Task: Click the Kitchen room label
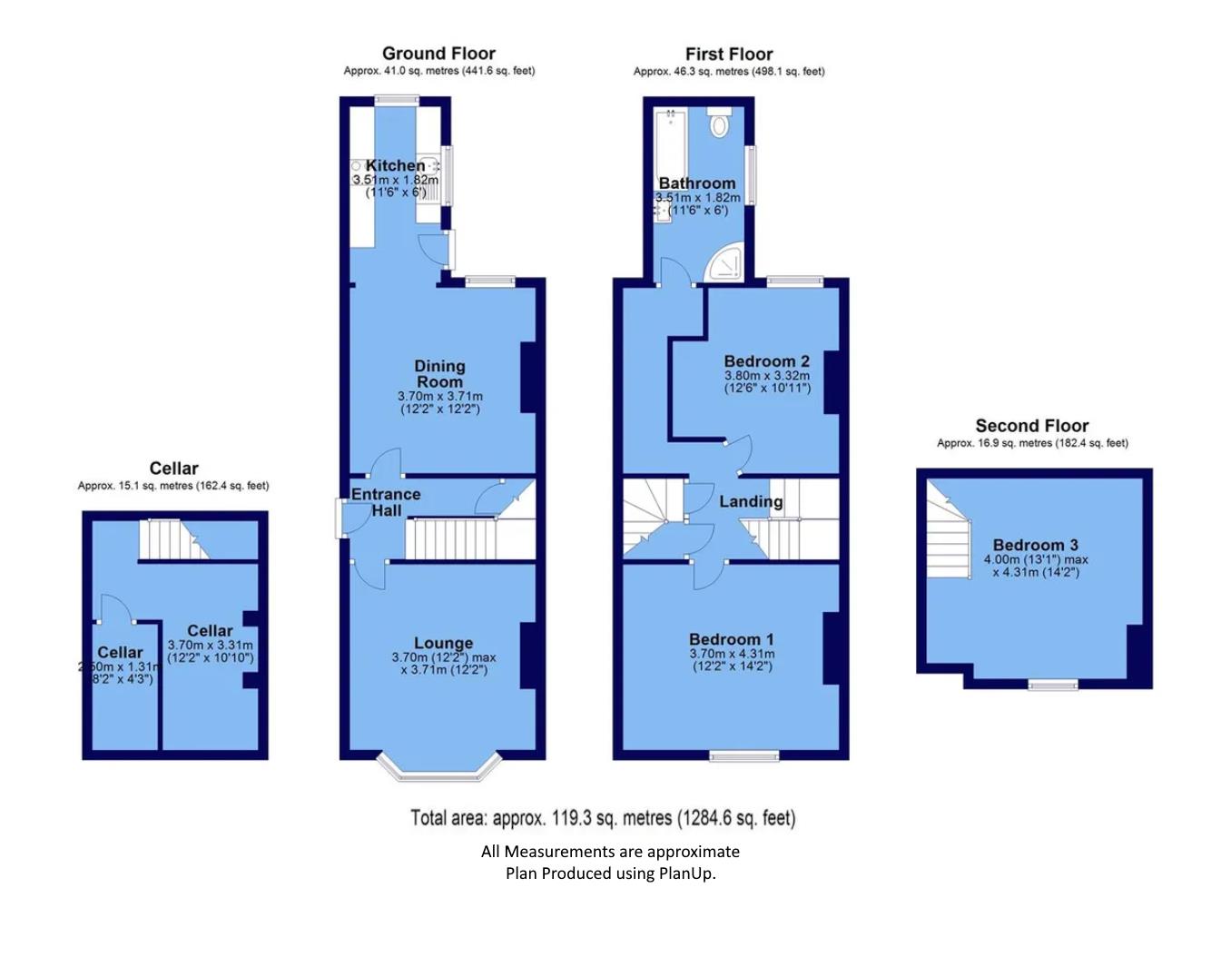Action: (395, 165)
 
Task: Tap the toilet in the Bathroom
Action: (719, 123)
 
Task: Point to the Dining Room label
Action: (440, 373)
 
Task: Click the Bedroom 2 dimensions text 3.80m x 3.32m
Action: (767, 375)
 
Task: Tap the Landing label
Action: (751, 501)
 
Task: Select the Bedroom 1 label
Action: (731, 639)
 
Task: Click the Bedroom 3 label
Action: (1035, 545)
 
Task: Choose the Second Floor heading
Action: (1031, 426)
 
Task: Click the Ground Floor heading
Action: (438, 54)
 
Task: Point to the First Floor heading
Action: (729, 54)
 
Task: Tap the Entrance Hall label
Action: (386, 502)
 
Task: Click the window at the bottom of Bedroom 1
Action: (744, 755)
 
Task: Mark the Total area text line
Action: (603, 818)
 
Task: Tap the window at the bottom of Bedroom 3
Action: (1053, 684)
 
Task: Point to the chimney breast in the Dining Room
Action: (527, 378)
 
